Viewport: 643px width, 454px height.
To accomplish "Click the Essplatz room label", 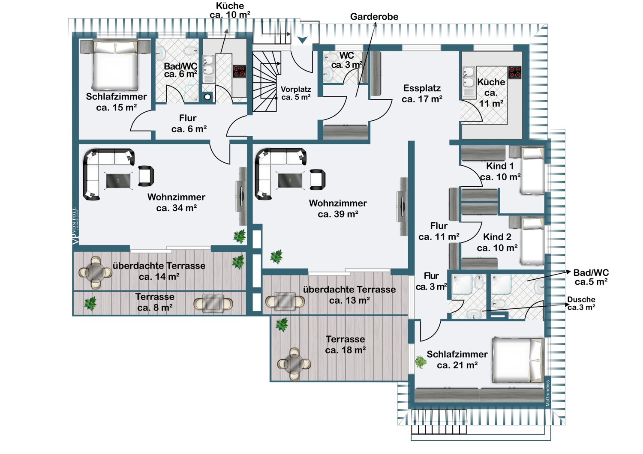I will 422,93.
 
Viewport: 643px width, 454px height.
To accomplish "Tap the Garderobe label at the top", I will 374,17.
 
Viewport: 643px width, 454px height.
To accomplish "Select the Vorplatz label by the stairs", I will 296,93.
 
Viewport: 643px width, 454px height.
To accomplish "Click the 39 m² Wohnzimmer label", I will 338,209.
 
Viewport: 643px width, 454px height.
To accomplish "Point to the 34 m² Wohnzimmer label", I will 176,203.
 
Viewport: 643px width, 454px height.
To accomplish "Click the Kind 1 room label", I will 500,171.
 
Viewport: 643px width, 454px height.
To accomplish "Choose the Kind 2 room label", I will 497,242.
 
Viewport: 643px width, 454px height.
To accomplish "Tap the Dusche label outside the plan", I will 581,303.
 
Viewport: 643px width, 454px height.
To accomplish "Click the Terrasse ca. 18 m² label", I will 345,345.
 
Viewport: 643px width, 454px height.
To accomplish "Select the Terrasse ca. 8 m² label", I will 155,302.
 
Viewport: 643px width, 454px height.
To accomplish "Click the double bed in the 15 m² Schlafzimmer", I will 115,63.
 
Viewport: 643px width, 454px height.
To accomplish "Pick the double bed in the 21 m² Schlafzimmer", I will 518,360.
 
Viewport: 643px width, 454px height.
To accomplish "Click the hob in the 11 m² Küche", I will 514,72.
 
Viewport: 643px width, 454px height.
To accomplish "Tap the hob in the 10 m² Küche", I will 239,71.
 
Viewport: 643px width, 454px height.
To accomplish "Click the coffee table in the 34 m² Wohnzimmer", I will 119,180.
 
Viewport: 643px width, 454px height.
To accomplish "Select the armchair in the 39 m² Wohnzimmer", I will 317,179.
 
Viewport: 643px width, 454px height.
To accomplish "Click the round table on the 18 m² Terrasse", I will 294,364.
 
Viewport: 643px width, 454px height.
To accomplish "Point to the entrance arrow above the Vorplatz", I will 303,40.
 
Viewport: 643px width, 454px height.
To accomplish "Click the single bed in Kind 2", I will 532,240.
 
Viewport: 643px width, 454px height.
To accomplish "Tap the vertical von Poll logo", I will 75,226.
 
